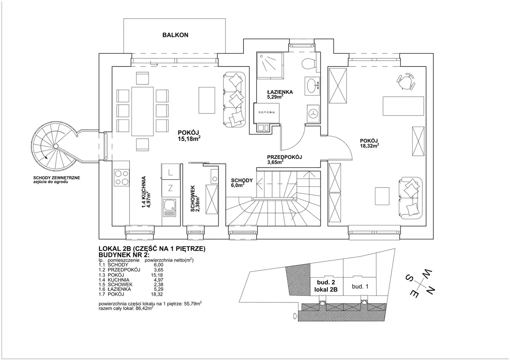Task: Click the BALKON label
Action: [x=175, y=35]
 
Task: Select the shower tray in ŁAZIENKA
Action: [x=270, y=66]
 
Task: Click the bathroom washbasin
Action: [x=312, y=86]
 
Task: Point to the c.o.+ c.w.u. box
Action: [x=267, y=113]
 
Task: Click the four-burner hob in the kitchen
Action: [x=122, y=178]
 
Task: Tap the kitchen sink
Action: [x=170, y=207]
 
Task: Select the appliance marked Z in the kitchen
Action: [x=170, y=188]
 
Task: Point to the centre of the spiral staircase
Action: [x=56, y=146]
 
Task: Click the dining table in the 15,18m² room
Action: [x=143, y=111]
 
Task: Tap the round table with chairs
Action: [x=406, y=82]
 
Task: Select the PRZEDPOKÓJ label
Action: [x=284, y=157]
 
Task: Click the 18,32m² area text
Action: [x=369, y=146]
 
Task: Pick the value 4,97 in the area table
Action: [x=159, y=280]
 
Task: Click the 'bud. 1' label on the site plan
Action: [x=360, y=286]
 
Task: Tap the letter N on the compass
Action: [x=429, y=290]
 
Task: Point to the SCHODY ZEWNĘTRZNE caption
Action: [x=57, y=178]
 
